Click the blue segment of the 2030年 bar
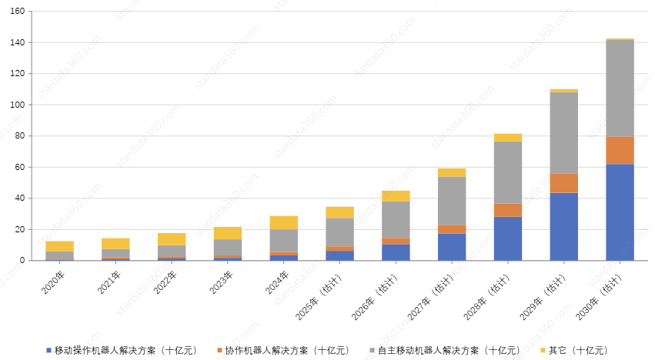[x=620, y=212]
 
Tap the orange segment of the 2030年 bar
[x=620, y=150]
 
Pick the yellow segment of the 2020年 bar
[x=59, y=246]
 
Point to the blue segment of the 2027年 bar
[x=452, y=246]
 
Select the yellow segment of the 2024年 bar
[x=283, y=222]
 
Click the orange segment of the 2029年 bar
[x=563, y=182]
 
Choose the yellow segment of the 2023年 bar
[x=227, y=233]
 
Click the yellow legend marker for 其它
[x=543, y=350]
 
